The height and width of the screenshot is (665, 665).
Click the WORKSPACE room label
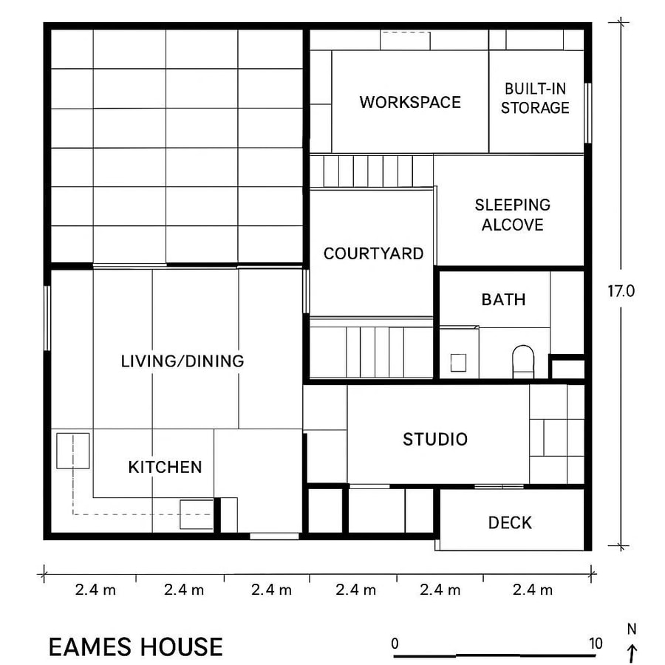[410, 102]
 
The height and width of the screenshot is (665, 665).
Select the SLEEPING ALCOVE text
[512, 214]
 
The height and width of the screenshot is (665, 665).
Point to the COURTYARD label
[373, 253]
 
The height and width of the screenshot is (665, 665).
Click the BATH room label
[503, 299]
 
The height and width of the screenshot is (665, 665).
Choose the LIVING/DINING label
[182, 361]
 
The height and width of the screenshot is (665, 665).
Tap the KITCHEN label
[165, 467]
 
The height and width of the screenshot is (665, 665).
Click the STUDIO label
[435, 440]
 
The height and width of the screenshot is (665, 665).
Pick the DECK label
[510, 523]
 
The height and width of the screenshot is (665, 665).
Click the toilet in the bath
[523, 360]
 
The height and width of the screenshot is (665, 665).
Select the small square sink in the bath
[458, 362]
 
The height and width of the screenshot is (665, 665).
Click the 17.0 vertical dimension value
[621, 291]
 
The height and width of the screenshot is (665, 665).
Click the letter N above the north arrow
[631, 630]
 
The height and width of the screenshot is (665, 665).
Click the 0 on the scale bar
[395, 643]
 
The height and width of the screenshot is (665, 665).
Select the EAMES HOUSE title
[135, 647]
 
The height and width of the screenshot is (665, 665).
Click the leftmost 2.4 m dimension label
[95, 590]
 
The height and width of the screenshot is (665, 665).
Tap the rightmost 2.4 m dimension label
[531, 590]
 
